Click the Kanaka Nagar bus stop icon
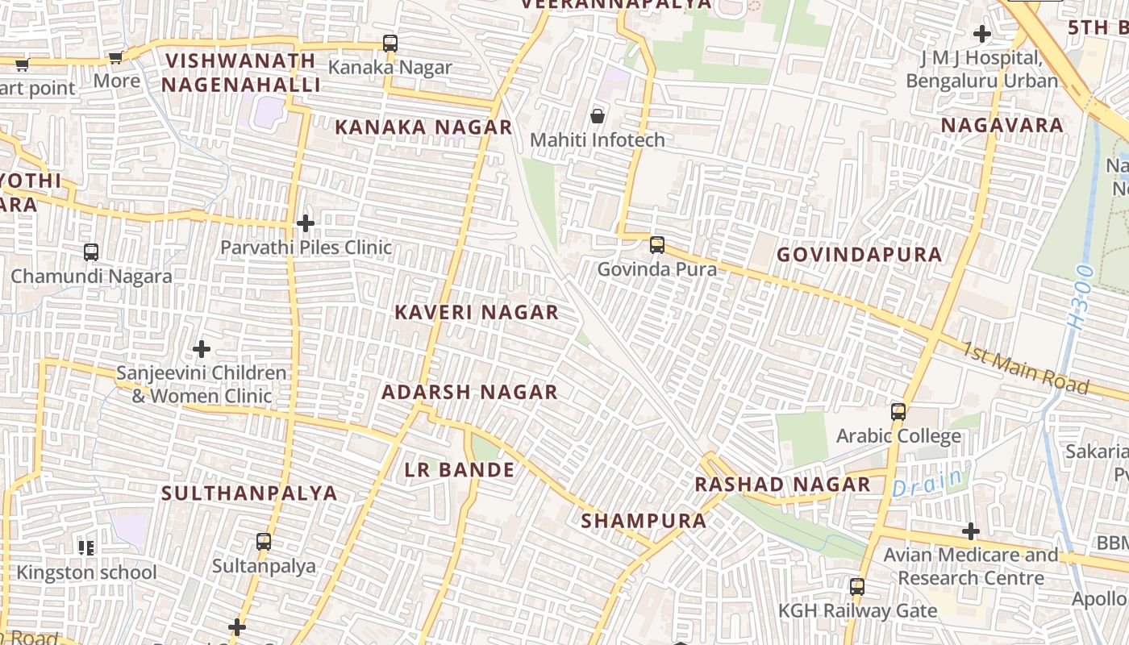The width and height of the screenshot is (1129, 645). (390, 44)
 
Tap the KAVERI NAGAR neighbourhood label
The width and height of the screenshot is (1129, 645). (477, 313)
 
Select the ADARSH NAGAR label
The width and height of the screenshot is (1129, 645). (469, 393)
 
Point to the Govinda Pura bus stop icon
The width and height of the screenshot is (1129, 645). (657, 245)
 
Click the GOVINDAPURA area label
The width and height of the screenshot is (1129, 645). (859, 255)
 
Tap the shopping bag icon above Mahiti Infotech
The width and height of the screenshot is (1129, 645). (598, 116)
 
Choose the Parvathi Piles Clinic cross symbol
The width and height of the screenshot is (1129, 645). (306, 223)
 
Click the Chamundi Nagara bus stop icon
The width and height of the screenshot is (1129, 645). (91, 252)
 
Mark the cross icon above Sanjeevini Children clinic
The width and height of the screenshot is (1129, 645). (202, 349)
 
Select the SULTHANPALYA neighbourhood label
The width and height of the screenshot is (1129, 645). (249, 493)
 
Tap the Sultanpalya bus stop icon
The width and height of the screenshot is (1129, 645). (264, 542)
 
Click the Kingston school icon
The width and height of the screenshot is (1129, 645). (86, 549)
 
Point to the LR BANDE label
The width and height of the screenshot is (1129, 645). (460, 470)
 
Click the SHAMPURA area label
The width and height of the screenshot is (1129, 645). (644, 521)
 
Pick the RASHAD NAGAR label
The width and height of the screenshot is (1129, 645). (782, 485)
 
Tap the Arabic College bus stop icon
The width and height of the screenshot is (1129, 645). (898, 412)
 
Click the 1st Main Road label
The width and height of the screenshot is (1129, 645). (1023, 368)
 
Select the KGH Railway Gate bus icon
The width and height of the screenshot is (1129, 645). (857, 587)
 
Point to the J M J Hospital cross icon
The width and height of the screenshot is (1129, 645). (982, 34)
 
